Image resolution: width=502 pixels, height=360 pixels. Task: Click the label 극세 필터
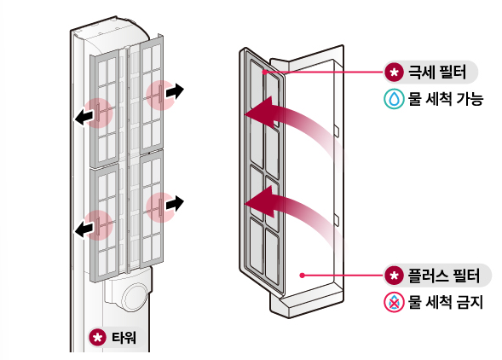click(x=437, y=73)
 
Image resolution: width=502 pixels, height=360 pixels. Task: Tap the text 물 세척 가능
click(x=446, y=99)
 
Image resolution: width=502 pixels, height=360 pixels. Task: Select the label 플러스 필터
click(x=444, y=276)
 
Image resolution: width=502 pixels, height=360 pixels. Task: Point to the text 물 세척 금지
click(x=446, y=302)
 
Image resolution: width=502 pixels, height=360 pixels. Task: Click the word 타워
click(x=124, y=338)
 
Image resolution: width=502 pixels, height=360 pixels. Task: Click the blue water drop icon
click(x=394, y=99)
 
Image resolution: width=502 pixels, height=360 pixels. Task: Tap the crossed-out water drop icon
click(x=394, y=302)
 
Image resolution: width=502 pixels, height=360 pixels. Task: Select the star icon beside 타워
click(x=97, y=338)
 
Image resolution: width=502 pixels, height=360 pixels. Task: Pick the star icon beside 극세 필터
click(x=394, y=73)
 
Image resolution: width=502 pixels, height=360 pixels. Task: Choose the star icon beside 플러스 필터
click(x=394, y=276)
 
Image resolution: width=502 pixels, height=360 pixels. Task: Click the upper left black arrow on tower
click(x=84, y=118)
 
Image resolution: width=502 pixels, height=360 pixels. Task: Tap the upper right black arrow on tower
click(x=175, y=91)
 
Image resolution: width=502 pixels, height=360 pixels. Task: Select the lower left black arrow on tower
click(x=84, y=229)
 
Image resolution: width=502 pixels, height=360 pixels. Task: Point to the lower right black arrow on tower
click(x=175, y=203)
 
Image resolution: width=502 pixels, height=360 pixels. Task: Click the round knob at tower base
click(x=136, y=297)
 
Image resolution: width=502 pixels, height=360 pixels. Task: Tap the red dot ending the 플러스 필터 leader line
click(x=302, y=275)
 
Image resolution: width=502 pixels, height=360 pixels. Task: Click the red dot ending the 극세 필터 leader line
click(x=264, y=73)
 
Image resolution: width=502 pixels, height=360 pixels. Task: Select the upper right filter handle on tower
click(x=160, y=95)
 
